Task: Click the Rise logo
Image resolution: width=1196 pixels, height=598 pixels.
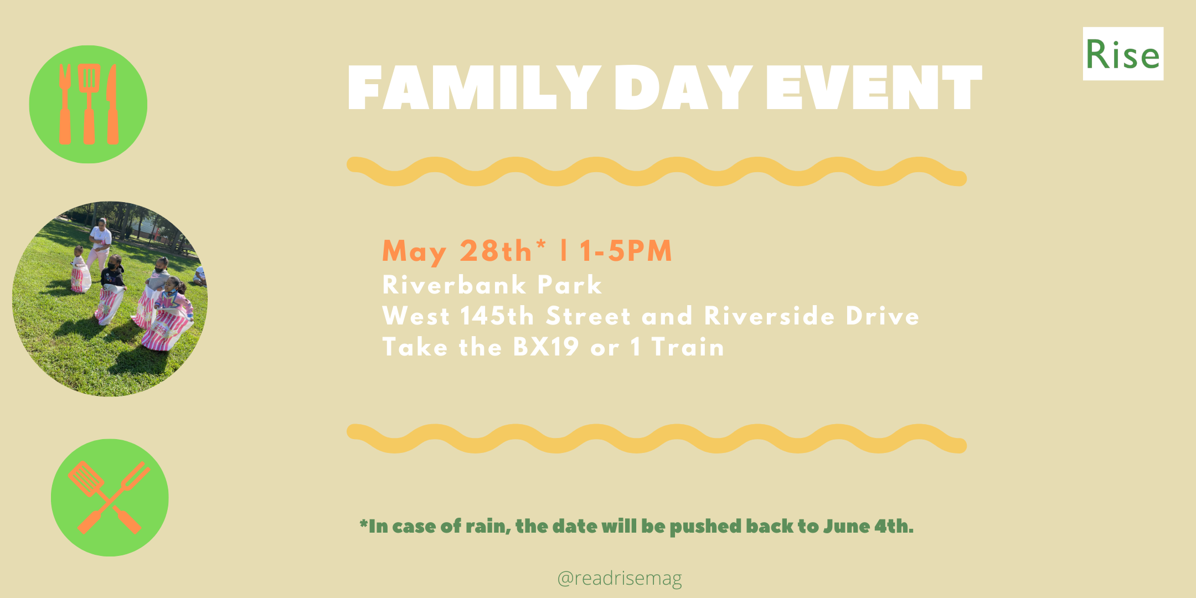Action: click(1123, 54)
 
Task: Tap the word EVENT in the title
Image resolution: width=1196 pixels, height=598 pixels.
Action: click(874, 87)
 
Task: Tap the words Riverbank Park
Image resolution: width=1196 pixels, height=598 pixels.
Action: click(492, 285)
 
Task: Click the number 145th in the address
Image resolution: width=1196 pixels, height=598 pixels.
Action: click(497, 316)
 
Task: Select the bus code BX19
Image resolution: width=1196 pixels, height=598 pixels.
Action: click(545, 347)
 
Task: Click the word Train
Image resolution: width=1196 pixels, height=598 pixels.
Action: click(688, 347)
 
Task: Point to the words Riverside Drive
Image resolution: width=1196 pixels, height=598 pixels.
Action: click(811, 316)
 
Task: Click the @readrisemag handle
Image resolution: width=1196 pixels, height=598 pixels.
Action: click(620, 578)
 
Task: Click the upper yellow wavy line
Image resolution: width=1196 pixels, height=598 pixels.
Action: click(657, 171)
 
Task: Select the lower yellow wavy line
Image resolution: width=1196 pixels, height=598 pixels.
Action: click(657, 439)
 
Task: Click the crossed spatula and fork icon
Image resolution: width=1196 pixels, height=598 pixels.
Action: click(110, 497)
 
